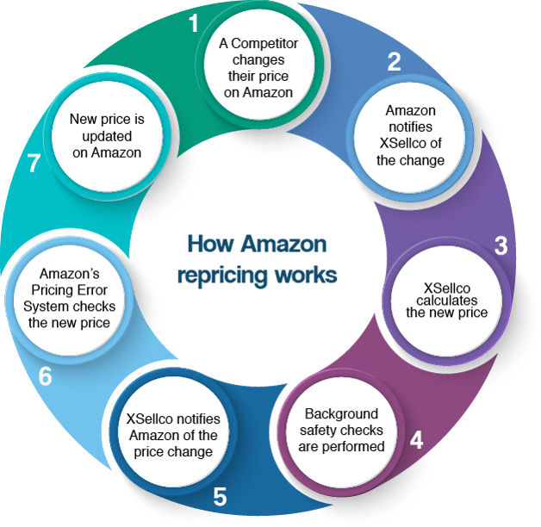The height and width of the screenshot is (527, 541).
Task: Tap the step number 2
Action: (x=394, y=61)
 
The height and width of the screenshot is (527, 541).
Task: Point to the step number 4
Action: (x=416, y=440)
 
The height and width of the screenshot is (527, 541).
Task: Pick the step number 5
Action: (x=220, y=497)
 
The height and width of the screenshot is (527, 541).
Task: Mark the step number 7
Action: (x=34, y=164)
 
